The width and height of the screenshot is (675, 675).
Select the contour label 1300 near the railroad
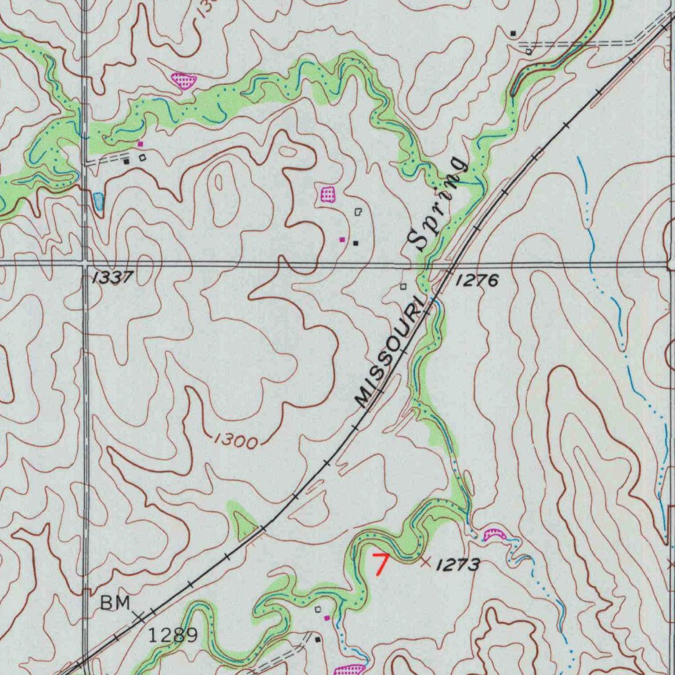[x=235, y=441]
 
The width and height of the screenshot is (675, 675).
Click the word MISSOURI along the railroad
[x=389, y=355]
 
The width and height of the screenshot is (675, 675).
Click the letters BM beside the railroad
[x=115, y=602]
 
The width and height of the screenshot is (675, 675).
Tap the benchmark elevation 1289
[x=173, y=635]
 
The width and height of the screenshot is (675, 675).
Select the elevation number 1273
[x=457, y=565]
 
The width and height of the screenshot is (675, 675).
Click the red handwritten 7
[x=380, y=564]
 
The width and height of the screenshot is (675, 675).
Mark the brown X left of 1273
[x=425, y=562]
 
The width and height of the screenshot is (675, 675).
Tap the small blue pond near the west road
[x=98, y=201]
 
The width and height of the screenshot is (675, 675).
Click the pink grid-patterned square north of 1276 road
[x=328, y=194]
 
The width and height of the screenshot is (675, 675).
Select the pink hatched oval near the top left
[x=184, y=81]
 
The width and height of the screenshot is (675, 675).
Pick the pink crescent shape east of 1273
[x=494, y=535]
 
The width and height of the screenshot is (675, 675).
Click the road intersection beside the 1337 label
[x=85, y=263]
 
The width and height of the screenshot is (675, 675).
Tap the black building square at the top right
[x=514, y=33]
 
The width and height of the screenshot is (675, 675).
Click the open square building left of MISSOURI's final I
[x=403, y=286]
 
